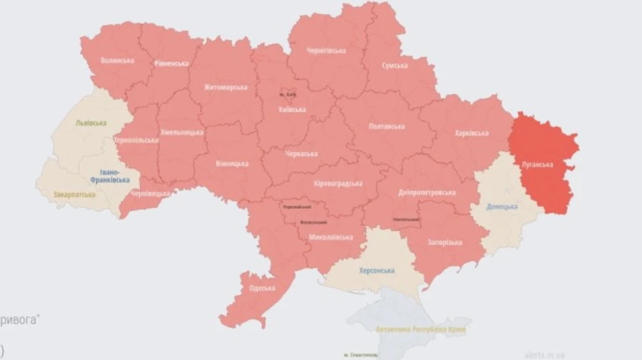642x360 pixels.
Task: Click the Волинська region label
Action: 117,61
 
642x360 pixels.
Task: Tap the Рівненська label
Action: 171,63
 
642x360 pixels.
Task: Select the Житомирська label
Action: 225,88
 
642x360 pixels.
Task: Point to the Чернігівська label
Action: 326,51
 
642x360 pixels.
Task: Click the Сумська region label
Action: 394,66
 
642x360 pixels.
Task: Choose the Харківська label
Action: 472,133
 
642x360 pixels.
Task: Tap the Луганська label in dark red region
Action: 537,165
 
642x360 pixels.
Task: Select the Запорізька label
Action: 444,242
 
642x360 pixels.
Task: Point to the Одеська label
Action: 262,288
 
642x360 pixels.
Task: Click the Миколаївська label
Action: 331,237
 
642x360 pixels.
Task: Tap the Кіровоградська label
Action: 338,183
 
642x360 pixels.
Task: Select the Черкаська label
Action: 300,154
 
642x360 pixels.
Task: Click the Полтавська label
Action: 389,126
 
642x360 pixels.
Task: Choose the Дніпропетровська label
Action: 428,192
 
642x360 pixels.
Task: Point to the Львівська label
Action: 91,123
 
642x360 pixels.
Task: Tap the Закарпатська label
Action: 73,195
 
